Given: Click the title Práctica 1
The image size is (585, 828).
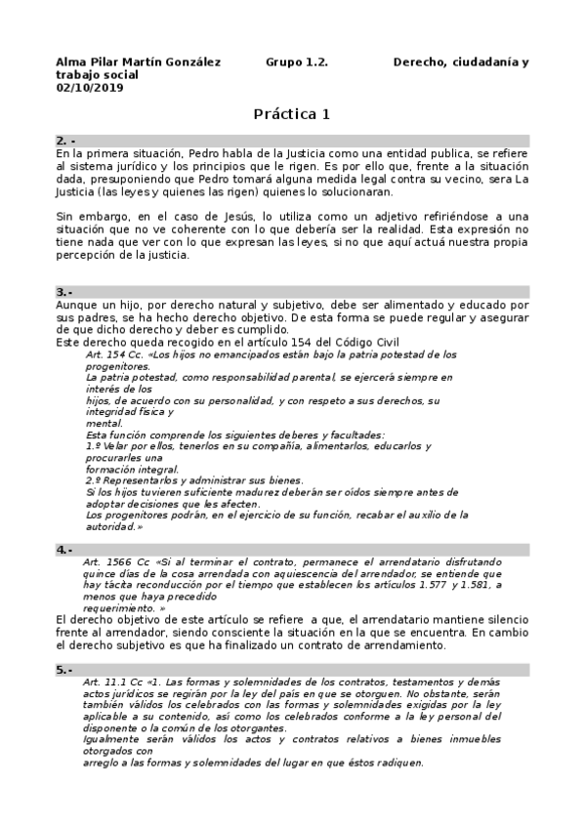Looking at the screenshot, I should point(292,114).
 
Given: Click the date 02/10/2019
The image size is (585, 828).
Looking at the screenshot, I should point(85,87).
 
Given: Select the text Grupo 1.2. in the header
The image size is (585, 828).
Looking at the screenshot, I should point(297,62).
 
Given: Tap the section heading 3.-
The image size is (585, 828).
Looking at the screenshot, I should point(65,292).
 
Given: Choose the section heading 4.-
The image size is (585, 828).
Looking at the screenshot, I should point(65,550).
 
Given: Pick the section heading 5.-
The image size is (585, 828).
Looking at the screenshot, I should point(65,670).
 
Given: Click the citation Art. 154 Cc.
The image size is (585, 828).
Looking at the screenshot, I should point(113,354).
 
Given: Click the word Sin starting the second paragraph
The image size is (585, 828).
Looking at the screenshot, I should point(65,216).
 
